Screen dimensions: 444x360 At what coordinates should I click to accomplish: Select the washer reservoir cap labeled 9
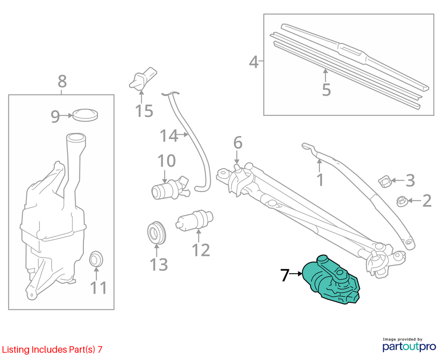(x=85, y=114)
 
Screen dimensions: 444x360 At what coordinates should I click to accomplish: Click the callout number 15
(x=144, y=111)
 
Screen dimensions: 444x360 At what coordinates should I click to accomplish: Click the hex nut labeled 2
(x=402, y=201)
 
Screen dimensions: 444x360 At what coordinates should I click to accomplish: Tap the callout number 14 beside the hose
(x=169, y=136)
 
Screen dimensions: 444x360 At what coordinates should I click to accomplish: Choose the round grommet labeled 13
(x=157, y=232)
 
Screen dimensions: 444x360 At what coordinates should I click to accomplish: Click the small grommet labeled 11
(x=96, y=259)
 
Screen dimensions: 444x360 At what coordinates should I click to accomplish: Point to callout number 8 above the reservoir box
(x=62, y=81)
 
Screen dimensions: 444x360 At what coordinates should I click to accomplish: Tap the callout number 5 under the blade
(x=326, y=90)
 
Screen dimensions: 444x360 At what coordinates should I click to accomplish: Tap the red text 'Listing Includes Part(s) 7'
(x=52, y=350)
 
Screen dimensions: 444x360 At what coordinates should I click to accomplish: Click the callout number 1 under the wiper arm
(x=320, y=180)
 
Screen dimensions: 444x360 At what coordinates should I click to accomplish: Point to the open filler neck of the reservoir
(x=76, y=138)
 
